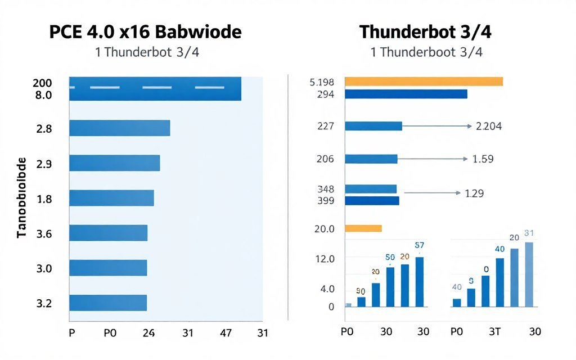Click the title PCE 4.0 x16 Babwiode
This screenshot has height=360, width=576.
click(145, 31)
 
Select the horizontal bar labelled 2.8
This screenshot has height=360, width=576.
click(119, 128)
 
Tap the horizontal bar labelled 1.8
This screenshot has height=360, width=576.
click(111, 198)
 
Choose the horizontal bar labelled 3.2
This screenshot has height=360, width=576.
click(108, 303)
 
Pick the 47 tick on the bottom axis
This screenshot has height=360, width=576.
click(226, 332)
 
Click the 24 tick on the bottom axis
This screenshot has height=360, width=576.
click(148, 332)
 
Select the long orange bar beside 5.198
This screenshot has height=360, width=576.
click(423, 82)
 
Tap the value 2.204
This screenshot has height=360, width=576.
click(489, 127)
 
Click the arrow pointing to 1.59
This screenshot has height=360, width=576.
click(433, 159)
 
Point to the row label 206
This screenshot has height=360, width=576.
click(325, 159)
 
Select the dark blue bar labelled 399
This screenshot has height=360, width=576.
click(371, 201)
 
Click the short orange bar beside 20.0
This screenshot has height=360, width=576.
click(363, 228)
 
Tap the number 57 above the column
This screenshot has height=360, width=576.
click(419, 245)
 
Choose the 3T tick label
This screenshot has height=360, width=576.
click(494, 332)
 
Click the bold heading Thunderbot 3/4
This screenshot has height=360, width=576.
click(425, 32)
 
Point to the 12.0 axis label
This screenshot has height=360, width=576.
click(325, 259)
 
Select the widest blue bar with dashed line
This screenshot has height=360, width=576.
click(155, 89)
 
